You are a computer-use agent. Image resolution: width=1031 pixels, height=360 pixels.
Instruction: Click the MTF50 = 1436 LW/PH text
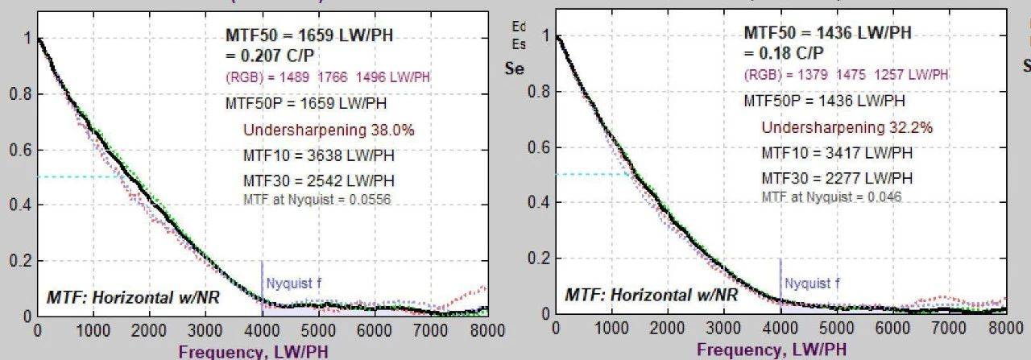(827, 33)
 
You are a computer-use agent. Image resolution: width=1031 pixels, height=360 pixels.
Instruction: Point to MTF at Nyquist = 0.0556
(317, 200)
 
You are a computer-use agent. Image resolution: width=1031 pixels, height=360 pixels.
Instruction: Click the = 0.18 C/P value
(782, 54)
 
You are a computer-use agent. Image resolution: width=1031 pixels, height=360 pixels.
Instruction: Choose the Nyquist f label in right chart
(812, 283)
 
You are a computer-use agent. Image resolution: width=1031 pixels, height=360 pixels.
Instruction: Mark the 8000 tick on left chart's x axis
(486, 331)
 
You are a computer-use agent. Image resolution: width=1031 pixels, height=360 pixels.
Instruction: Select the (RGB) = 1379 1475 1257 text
(845, 75)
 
